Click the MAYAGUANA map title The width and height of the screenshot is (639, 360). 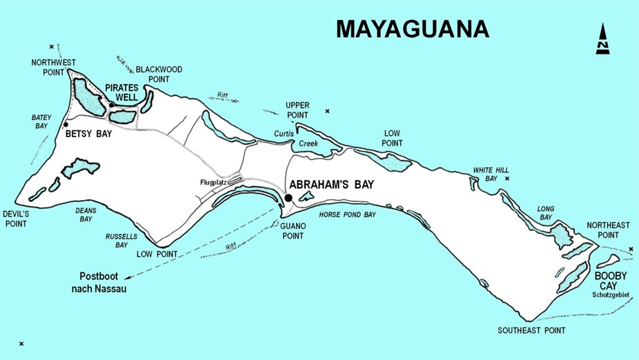click(x=412, y=29)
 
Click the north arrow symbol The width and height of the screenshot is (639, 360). click(x=603, y=39)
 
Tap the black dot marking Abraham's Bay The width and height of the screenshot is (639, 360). click(x=288, y=198)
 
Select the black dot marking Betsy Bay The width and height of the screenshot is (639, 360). click(x=66, y=125)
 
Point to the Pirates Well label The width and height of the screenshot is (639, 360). click(x=121, y=93)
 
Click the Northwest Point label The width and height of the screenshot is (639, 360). click(x=54, y=67)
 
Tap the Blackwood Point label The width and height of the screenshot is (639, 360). click(x=159, y=74)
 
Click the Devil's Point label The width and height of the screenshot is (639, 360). click(x=15, y=219)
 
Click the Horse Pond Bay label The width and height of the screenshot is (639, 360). click(x=347, y=215)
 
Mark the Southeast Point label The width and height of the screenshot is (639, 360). click(x=531, y=330)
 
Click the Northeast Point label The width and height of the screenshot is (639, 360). click(x=608, y=230)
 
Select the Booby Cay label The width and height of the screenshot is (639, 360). click(x=611, y=281)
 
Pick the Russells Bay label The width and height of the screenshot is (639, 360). click(x=117, y=241)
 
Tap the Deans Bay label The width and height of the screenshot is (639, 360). click(x=86, y=214)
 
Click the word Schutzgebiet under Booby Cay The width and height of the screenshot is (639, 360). click(x=611, y=295)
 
